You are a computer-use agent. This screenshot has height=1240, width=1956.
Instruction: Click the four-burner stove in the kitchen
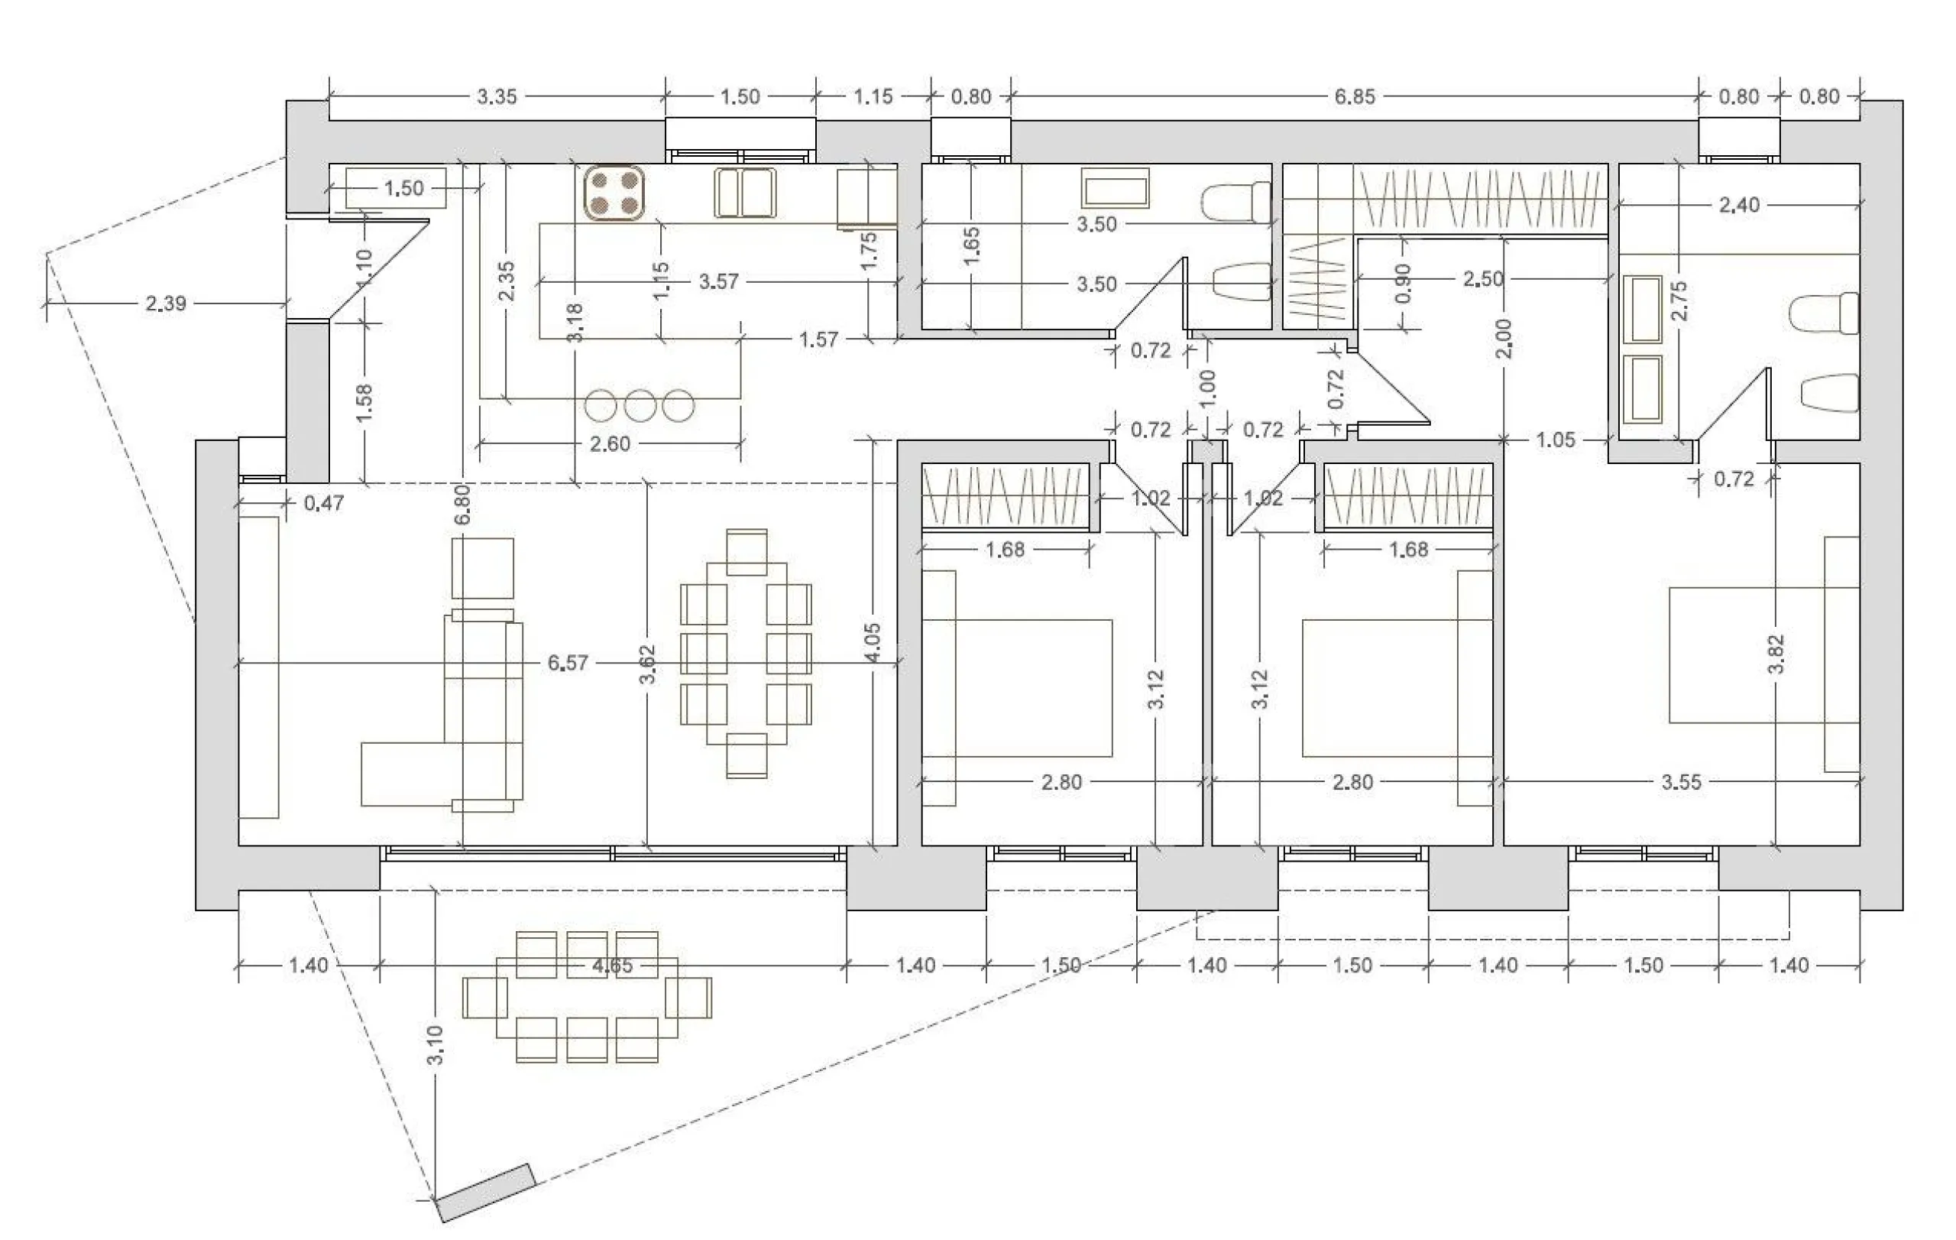point(615,193)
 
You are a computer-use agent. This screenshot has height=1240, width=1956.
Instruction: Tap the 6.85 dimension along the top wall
point(1354,96)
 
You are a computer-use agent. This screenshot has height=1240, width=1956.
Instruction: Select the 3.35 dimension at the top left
point(497,96)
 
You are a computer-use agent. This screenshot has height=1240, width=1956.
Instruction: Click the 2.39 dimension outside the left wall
point(166,304)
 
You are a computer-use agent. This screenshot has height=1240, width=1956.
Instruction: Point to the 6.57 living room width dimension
point(567,663)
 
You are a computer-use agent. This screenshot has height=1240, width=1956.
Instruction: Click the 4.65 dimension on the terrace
point(612,966)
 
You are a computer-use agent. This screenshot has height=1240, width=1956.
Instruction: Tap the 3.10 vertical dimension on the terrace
point(436,1045)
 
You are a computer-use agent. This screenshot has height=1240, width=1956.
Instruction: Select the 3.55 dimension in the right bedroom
point(1681,782)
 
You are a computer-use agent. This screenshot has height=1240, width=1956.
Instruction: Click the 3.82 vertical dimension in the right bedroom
point(1776,654)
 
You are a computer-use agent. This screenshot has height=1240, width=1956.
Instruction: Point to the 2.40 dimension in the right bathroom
point(1739,206)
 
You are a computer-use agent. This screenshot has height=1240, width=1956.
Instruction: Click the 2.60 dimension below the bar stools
point(609,443)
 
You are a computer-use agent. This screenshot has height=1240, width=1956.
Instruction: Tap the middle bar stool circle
point(640,405)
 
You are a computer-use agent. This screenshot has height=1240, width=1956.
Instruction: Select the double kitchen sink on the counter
point(745,193)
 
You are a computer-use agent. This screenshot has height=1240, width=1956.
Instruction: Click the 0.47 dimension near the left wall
point(323,504)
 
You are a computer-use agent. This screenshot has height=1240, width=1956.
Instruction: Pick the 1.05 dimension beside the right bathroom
point(1556,440)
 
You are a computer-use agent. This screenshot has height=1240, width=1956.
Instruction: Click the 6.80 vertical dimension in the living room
point(463,505)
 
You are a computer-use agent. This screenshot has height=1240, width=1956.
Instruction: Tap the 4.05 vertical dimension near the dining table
point(872,643)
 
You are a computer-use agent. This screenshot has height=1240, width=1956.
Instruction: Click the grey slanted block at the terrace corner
point(487,1193)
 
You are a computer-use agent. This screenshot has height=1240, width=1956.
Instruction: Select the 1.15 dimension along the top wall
point(873,96)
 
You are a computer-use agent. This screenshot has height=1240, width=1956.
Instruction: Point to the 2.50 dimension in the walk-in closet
point(1483,280)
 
